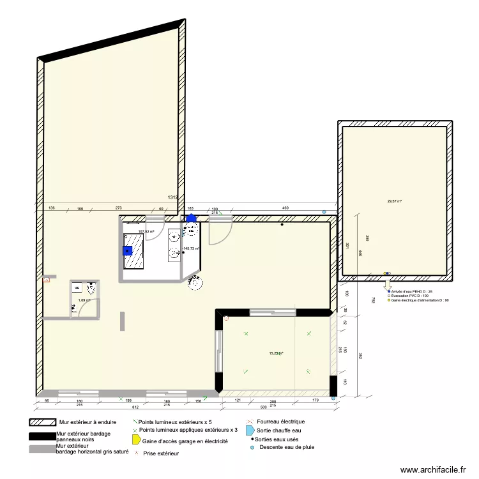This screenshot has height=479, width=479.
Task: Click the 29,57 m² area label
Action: point(394,201)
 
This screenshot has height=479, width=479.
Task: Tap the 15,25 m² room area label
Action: point(276,353)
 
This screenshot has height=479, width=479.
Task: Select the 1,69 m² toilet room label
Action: point(84,300)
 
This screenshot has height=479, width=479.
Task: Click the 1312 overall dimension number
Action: point(172,198)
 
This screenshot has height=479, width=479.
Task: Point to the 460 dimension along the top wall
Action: point(285,209)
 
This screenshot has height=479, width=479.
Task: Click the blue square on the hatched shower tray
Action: point(128,251)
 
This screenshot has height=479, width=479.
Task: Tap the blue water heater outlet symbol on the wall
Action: point(191,218)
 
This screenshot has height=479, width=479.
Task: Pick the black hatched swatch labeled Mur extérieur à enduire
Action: point(42,422)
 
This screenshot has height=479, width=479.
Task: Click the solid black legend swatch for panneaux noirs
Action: point(42,436)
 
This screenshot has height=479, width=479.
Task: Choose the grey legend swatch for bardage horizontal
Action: point(42,449)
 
